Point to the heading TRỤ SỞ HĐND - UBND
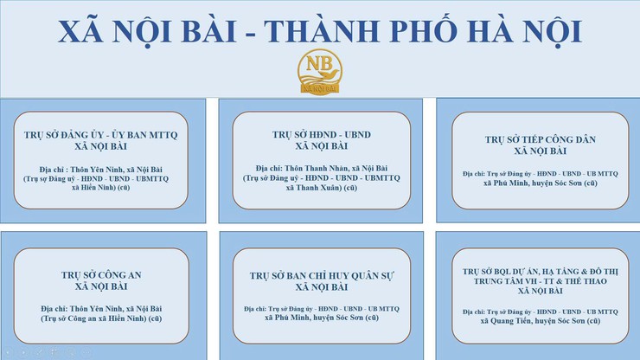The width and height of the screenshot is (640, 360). (322, 135)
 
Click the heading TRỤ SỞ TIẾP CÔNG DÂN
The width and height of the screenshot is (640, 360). (541, 138)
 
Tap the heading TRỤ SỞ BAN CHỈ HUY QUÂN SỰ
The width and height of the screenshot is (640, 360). (322, 275)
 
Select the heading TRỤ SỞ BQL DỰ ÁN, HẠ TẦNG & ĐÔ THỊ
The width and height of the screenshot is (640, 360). (541, 270)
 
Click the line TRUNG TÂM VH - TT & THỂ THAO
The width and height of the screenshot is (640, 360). (541, 280)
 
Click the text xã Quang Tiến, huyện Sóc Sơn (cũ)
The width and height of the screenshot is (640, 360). (541, 319)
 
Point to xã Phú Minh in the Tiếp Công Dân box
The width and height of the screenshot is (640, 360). (541, 183)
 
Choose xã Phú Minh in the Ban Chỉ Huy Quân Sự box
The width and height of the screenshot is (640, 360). (322, 318)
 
